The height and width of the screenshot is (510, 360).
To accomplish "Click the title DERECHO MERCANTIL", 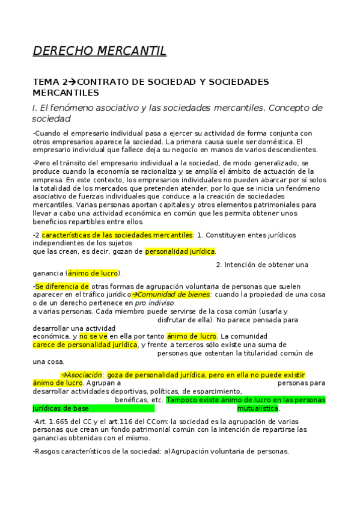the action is [99, 51].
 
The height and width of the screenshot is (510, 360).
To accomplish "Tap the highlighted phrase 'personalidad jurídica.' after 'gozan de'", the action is [180, 251].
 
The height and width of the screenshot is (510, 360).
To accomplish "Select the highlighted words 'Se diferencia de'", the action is [62, 286].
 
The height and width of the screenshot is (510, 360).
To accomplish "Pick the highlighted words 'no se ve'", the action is [94, 336].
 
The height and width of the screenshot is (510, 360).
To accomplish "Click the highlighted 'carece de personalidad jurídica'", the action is [85, 345].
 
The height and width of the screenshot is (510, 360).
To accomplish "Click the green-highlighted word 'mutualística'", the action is [258, 408].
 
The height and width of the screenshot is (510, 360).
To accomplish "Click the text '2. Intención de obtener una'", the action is [262, 265].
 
